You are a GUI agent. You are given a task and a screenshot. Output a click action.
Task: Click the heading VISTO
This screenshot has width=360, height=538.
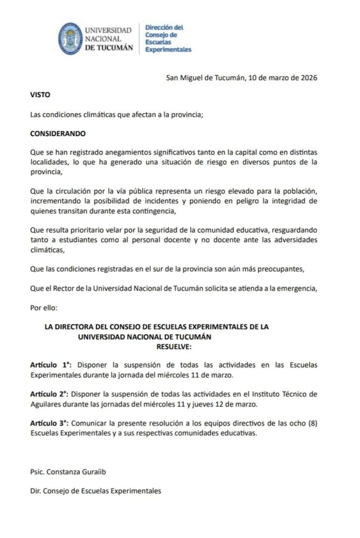point(40,97)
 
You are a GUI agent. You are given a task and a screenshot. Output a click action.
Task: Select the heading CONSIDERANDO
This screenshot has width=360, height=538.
point(58,133)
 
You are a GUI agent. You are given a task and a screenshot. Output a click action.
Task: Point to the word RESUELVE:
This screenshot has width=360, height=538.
point(175,347)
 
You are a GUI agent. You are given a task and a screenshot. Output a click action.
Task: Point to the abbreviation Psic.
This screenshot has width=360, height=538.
point(38,472)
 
